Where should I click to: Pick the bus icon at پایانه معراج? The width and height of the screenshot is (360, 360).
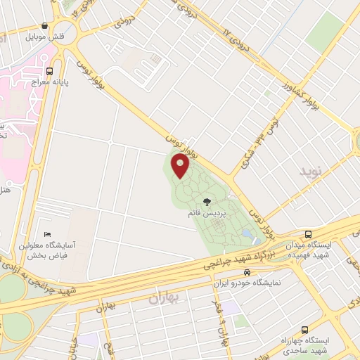coord(49,71)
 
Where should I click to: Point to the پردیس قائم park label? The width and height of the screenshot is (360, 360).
coord(206,212)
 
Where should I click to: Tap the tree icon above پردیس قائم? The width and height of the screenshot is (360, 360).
coord(206,201)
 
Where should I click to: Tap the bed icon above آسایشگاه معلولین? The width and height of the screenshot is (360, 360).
coord(47,234)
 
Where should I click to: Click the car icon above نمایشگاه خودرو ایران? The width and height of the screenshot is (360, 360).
coord(247,272)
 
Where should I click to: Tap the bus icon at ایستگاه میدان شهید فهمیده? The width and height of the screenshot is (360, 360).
coord(307,234)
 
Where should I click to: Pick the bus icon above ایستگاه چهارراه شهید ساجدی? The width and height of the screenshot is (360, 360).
coord(304,330)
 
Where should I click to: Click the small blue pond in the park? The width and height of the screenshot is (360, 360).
coord(246,233)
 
